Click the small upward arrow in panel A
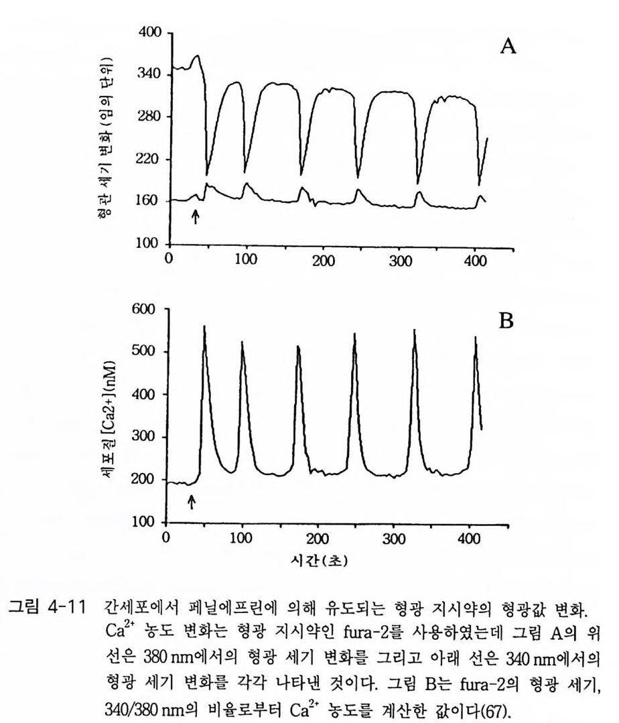coord(195,216)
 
